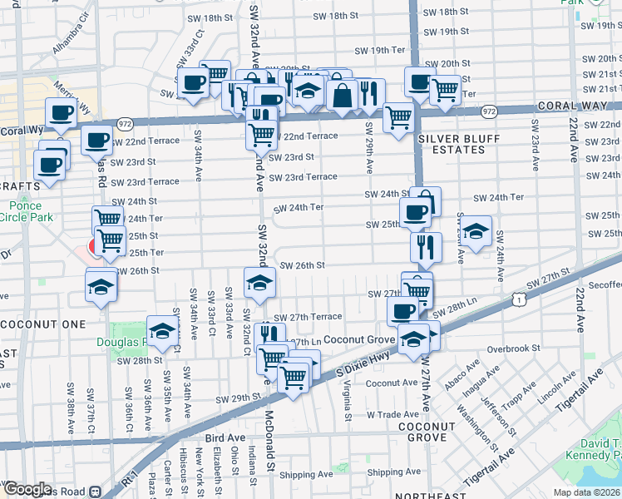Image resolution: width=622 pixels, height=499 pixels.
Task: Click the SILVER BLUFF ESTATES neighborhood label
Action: pos(452,143)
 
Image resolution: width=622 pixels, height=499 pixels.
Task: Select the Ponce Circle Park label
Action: pos(31,211)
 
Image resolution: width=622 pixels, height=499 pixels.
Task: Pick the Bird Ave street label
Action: pos(225,437)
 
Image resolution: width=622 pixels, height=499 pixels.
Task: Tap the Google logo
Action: pos(27,488)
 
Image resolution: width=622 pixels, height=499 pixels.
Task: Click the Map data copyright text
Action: pos(587,492)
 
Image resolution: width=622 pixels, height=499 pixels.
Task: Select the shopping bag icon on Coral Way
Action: pos(342,95)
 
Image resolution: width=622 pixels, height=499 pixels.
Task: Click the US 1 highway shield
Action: pos(518,297)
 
